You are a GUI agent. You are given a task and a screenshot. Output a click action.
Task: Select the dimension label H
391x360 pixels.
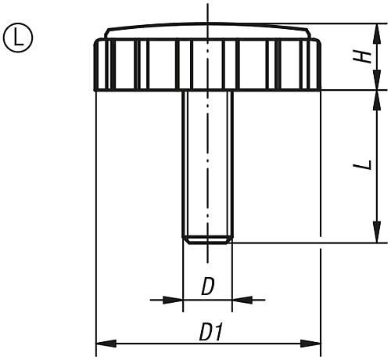point(361,56)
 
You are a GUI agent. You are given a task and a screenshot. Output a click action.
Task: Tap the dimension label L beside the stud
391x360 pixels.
point(361,166)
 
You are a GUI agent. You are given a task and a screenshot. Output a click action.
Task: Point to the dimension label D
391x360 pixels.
point(207,287)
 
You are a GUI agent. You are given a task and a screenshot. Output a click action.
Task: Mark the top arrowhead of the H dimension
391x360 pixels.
point(378,31)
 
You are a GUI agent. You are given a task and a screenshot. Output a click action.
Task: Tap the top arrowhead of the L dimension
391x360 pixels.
point(378,98)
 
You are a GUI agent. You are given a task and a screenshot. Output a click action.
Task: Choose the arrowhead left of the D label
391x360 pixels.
point(174,299)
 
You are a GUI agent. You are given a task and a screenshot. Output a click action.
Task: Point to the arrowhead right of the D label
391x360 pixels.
point(240,299)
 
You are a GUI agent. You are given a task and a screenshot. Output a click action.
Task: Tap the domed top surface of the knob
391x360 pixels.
point(207,30)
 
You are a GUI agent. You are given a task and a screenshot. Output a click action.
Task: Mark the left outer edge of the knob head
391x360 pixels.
point(95,64)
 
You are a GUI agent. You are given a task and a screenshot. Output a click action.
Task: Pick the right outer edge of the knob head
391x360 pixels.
point(320,64)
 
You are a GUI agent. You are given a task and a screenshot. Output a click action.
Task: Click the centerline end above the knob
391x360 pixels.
point(207,8)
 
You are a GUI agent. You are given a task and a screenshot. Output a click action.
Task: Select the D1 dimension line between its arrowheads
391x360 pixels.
point(156,343)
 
